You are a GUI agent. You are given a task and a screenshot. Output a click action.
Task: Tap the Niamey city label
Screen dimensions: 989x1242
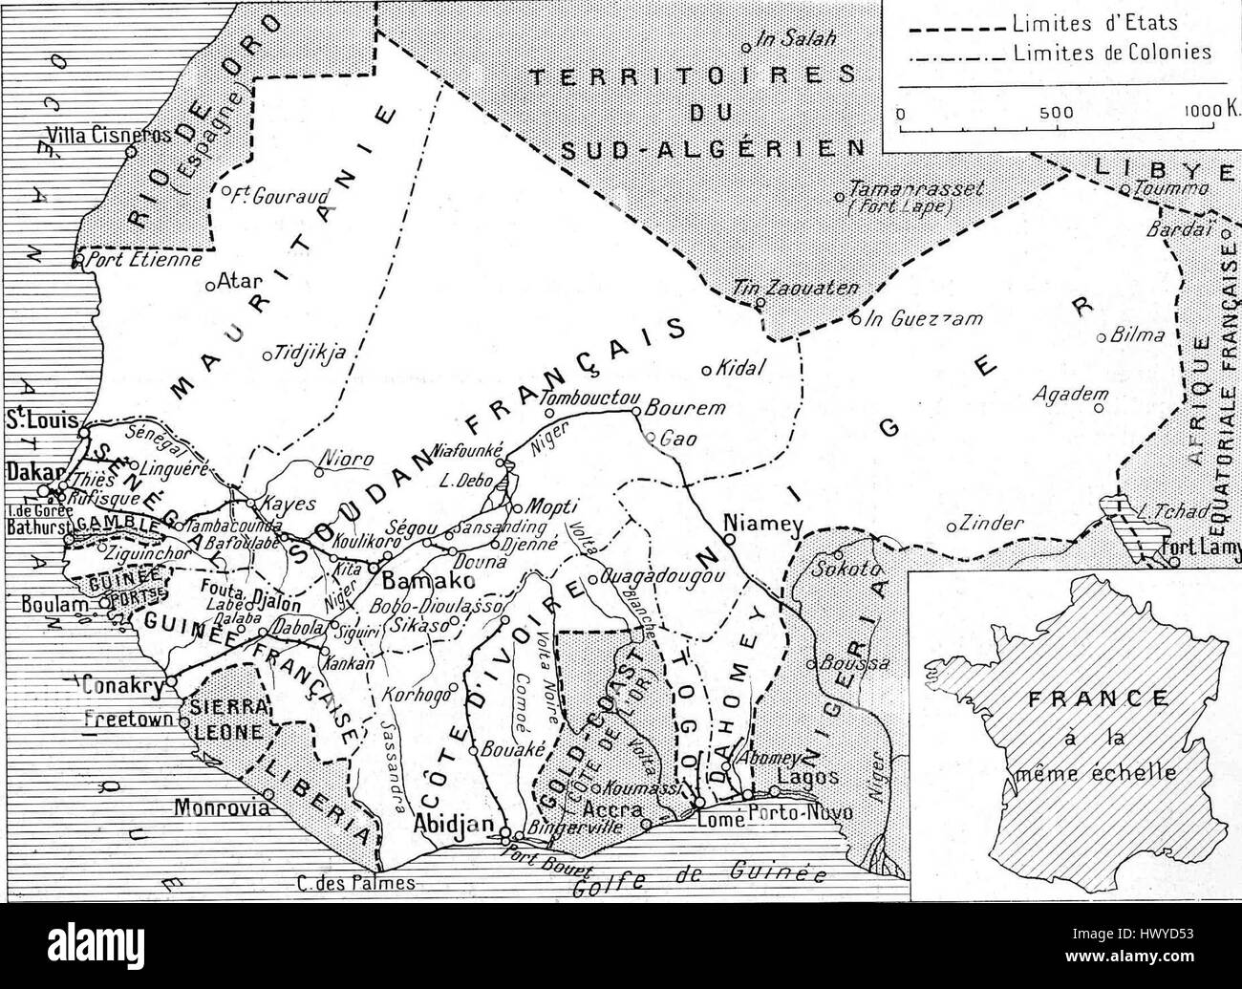coord(760,523)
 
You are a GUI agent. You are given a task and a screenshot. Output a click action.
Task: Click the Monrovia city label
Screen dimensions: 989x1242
coord(216,807)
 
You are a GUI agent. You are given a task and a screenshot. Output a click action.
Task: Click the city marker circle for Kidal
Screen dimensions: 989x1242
coord(707,371)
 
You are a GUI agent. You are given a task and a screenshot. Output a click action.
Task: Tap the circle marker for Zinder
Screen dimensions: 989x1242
coord(952,527)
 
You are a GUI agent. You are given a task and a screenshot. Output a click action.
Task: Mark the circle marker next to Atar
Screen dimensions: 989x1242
coord(210,285)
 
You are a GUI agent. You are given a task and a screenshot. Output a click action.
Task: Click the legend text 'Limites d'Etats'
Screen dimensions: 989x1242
coord(1094,24)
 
